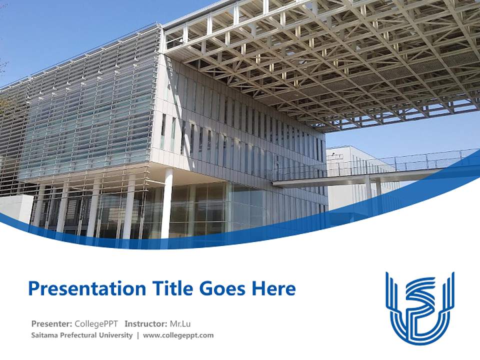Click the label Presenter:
coord(51,324)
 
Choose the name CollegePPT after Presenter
coord(96,324)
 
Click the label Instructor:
coord(146,324)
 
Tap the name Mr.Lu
coord(180,324)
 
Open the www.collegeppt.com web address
coord(178,335)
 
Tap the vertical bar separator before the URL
coord(138,335)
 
